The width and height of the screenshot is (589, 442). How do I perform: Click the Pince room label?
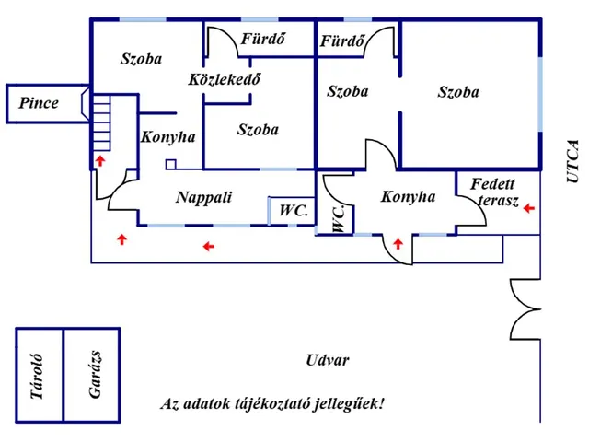point(39,103)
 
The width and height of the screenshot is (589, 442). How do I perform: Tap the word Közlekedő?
point(225,79)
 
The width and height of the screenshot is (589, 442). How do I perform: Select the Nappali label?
point(204,197)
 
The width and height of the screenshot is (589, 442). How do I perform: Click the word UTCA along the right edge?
point(572,161)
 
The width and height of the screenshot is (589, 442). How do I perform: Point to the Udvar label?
point(328,360)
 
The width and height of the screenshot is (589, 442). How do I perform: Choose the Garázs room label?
point(95,375)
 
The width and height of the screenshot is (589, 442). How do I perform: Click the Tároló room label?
point(37,377)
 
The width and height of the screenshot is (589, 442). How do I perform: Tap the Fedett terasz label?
point(494,192)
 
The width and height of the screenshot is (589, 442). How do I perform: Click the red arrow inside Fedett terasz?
point(529,208)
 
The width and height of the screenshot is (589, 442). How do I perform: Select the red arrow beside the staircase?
point(100,160)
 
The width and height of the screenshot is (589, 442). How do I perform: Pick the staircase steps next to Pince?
point(101,122)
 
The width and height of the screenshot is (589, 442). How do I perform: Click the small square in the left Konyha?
point(171,165)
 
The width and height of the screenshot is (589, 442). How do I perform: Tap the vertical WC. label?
point(339,218)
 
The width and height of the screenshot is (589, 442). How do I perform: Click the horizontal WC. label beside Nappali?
point(294,211)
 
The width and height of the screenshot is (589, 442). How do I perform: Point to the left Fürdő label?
point(263,39)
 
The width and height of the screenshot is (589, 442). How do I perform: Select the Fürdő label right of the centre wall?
point(342,41)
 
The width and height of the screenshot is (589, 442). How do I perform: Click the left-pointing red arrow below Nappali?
point(209,247)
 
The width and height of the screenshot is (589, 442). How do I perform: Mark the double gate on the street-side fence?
point(525,309)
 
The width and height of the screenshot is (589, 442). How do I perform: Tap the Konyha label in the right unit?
point(409,196)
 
